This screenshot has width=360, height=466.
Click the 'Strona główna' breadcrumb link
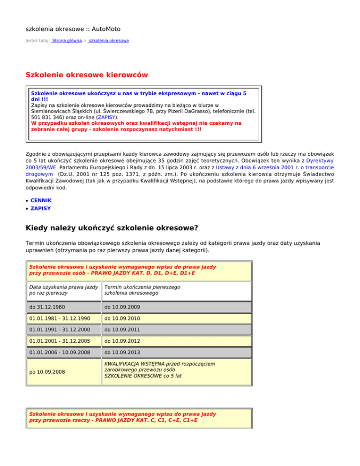coord(67,41)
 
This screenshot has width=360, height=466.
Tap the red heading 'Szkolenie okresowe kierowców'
coord(87,75)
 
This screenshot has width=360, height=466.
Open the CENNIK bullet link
coord(41,200)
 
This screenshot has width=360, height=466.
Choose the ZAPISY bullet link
coord(41,208)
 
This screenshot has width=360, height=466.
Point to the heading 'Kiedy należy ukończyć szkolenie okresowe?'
coord(112,228)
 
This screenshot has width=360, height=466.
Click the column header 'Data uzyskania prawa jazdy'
coord(63,287)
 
